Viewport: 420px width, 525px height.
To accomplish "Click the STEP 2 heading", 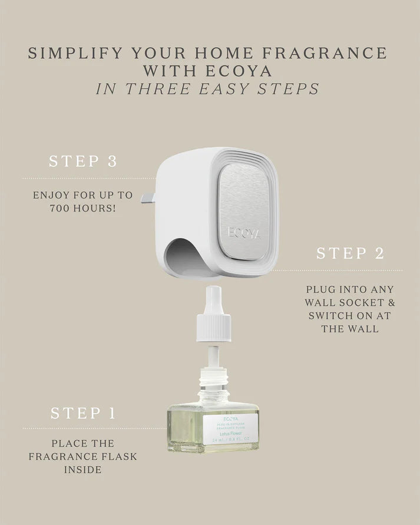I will coord(350,253).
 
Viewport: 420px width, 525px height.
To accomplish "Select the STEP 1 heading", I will coord(83,413).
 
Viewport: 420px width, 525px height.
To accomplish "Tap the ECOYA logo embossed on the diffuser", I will coord(244,230).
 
